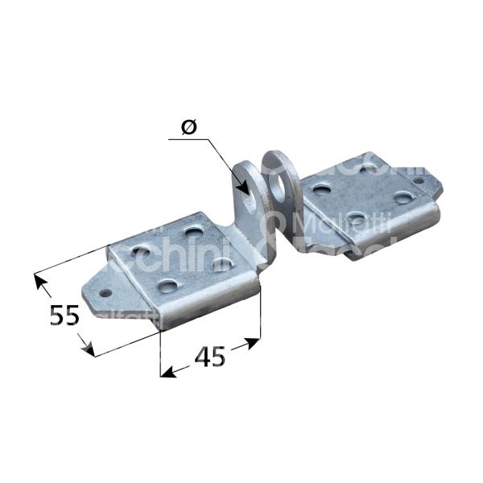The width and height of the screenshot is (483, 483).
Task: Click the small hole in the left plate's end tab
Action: tap(104, 293)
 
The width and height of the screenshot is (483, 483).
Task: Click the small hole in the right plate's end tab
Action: tap(418, 181)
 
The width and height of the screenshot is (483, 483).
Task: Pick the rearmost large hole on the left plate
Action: tap(192, 232)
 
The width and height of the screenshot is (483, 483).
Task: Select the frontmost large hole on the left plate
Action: tap(167, 285)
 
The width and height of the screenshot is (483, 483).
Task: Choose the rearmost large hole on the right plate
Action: tap(369, 168)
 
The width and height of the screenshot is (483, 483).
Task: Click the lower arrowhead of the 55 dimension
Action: tap(91, 352)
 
